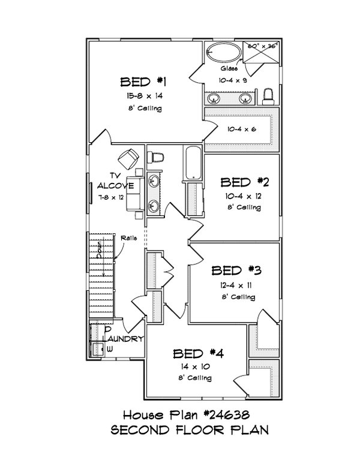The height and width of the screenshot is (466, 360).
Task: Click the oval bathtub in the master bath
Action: [223, 52]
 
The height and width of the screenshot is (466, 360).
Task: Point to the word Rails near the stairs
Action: [128, 238]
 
